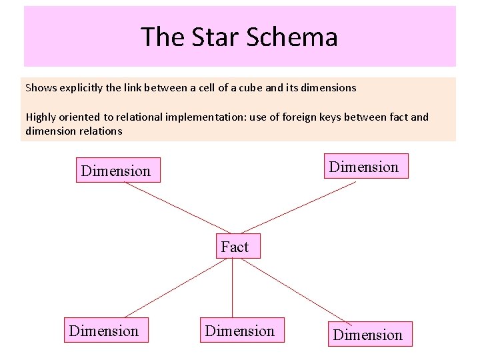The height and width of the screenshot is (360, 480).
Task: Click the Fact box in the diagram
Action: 235,247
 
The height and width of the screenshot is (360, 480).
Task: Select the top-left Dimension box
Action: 118,170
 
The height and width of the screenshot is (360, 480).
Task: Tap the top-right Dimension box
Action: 364,167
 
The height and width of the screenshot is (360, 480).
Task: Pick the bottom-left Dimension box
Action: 106,331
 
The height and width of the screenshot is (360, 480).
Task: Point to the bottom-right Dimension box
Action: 369,334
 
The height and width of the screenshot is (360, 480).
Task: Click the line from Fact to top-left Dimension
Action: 173,208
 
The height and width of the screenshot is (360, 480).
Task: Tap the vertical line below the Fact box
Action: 232,287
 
